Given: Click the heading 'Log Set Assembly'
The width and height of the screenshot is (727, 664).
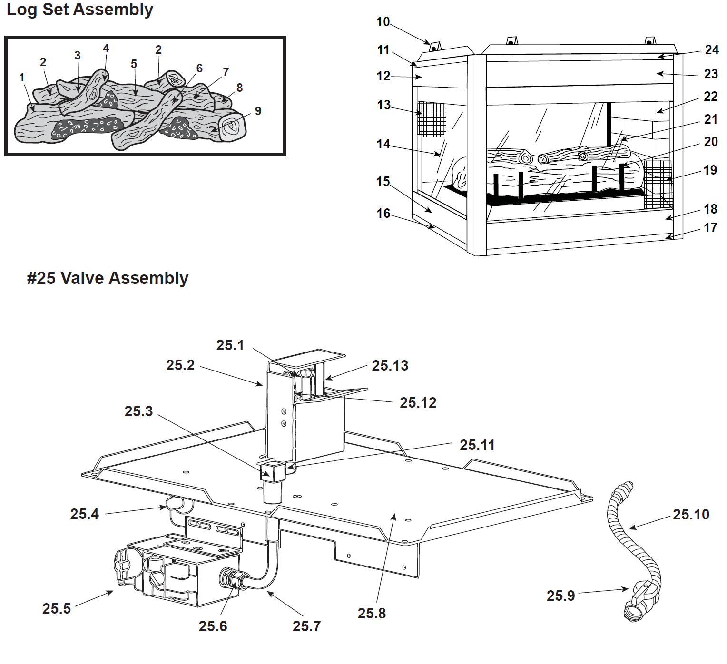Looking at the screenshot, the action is pos(80,10).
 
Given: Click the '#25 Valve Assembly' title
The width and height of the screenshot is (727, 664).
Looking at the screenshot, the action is pos(108,278).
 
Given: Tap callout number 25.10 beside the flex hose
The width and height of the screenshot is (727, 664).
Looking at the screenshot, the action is pos(691,514).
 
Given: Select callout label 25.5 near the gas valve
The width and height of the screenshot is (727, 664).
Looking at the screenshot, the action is pos(57,608).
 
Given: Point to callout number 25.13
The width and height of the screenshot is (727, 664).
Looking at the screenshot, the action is pos(390,366).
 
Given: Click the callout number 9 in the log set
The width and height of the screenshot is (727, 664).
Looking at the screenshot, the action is pos(258,111).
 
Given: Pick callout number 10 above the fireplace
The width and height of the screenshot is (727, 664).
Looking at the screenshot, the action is pos(383,22).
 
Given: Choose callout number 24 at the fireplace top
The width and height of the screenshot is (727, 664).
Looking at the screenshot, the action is pos(712,49).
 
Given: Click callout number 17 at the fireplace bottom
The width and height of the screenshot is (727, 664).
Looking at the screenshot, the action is pos(710,228).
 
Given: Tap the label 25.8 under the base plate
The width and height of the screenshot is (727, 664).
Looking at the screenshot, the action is pos(372,613).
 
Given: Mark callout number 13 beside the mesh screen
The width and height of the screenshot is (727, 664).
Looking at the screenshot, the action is pos(384,105).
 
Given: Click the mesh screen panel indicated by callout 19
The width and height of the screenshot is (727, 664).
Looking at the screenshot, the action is pos(658,185).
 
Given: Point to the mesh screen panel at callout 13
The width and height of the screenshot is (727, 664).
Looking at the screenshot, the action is pos(431,118).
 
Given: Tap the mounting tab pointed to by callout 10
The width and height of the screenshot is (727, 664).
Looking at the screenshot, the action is pos(435,48).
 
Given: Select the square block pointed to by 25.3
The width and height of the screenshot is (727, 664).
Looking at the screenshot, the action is pos(273,471).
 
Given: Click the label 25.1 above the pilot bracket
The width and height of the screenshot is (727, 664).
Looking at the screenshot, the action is pos(230,345).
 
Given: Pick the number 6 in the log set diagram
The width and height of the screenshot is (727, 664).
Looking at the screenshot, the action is pos(199,68).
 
